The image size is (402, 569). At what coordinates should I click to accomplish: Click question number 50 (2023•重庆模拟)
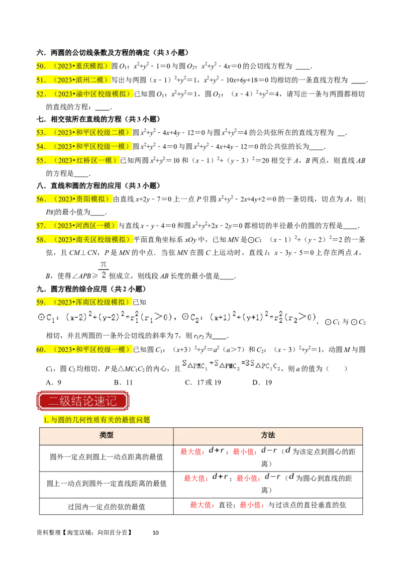tap(73, 65)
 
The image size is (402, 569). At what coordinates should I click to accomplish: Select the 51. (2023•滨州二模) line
tap(73, 79)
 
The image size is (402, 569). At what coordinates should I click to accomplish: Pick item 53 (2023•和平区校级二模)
tap(83, 132)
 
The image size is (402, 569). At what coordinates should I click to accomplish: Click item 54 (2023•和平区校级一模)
tap(83, 146)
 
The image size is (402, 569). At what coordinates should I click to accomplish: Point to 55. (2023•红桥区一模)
tap(78, 160)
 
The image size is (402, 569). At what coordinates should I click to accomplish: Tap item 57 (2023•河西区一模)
tap(78, 225)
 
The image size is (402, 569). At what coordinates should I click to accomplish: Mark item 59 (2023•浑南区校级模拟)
tap(83, 302)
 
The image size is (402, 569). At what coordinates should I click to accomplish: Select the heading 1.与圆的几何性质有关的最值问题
tap(96, 420)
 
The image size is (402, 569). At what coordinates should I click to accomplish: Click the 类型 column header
tap(106, 435)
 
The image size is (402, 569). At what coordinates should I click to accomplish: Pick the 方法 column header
tap(268, 435)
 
